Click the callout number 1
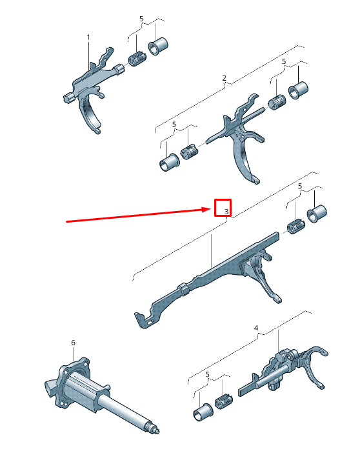pyautogui.click(x=88, y=37)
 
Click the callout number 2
pyautogui.click(x=224, y=78)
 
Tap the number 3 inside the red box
pyautogui.click(x=226, y=212)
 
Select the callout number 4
pyautogui.click(x=256, y=328)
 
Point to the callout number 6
pyautogui.click(x=74, y=343)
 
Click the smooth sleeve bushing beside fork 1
pyautogui.click(x=158, y=46)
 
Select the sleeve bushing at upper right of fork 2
pyautogui.click(x=298, y=90)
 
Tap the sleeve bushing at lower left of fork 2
pyautogui.click(x=169, y=163)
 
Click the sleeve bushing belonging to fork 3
pyautogui.click(x=317, y=214)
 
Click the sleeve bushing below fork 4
pyautogui.click(x=203, y=412)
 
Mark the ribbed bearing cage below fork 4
pyautogui.click(x=224, y=401)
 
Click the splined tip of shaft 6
pyautogui.click(x=155, y=429)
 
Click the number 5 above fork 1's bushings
pyautogui.click(x=141, y=19)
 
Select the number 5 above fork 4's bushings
pyautogui.click(x=207, y=375)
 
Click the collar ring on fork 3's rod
pyautogui.click(x=184, y=289)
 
